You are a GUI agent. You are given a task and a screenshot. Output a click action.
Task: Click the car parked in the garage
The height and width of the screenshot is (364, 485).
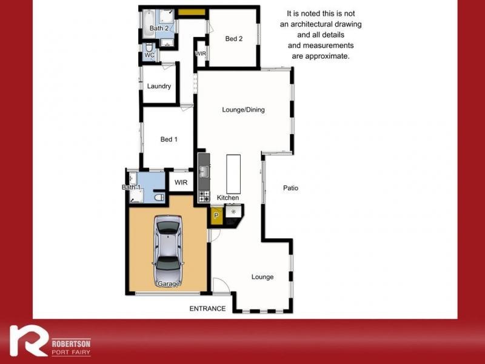pyautogui.click(x=169, y=251)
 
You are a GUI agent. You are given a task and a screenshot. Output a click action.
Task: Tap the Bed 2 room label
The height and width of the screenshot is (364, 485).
pyautogui.click(x=234, y=39)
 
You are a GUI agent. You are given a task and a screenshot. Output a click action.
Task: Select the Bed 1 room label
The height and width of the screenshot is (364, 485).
pyautogui.click(x=169, y=140)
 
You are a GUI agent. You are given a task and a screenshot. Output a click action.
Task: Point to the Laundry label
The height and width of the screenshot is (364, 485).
pyautogui.click(x=159, y=86)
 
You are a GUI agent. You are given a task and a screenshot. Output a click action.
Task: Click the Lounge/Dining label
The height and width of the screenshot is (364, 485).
pyautogui.click(x=244, y=110)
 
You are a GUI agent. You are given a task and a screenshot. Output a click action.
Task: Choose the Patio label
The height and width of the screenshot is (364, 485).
pyautogui.click(x=291, y=188)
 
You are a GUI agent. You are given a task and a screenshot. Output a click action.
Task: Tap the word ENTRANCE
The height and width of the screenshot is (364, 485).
pyautogui.click(x=207, y=309)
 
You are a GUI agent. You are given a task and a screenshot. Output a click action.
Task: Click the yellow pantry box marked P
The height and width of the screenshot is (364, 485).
pyautogui.click(x=216, y=215)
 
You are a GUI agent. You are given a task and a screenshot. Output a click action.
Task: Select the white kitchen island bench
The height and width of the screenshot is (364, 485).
pyautogui.click(x=233, y=174)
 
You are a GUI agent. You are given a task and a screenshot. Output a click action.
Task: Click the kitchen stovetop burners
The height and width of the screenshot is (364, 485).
pyautogui.click(x=204, y=197)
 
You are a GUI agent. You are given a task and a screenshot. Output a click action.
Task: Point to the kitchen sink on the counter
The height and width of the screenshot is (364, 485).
pyautogui.click(x=204, y=171)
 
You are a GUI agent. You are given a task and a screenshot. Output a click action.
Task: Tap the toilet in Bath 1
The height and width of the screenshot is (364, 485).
pyautogui.click(x=159, y=197)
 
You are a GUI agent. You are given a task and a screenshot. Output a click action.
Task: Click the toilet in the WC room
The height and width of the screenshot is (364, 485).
pyautogui.click(x=149, y=47)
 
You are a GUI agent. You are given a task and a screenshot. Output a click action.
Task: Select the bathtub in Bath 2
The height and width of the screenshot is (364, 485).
pyautogui.click(x=149, y=24)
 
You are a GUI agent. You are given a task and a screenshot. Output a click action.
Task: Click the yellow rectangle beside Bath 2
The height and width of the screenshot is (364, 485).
pyautogui.click(x=192, y=12)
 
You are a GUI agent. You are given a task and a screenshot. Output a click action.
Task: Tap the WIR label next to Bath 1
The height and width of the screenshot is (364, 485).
pyautogui.click(x=181, y=183)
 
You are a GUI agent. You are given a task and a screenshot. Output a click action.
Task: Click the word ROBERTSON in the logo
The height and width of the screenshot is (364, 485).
pyautogui.click(x=71, y=343)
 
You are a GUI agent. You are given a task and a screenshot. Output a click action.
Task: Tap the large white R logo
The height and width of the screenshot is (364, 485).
pyautogui.click(x=28, y=340)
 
